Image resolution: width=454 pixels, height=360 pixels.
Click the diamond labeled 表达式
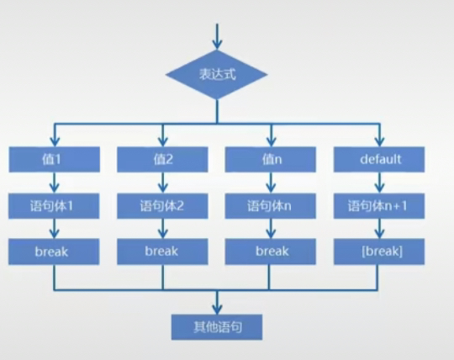pos(217,74)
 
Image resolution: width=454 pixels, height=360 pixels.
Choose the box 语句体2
pos(162,205)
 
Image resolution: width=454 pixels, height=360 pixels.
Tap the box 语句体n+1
pos(379,205)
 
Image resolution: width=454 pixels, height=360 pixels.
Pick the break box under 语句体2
pos(162,251)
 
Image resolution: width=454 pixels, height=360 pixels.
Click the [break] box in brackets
pos(379,251)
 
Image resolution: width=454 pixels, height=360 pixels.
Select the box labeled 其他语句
pos(217,326)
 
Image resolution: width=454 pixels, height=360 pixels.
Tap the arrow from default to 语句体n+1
pos(379,182)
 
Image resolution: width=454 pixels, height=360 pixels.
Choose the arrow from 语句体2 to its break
pos(162,228)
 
